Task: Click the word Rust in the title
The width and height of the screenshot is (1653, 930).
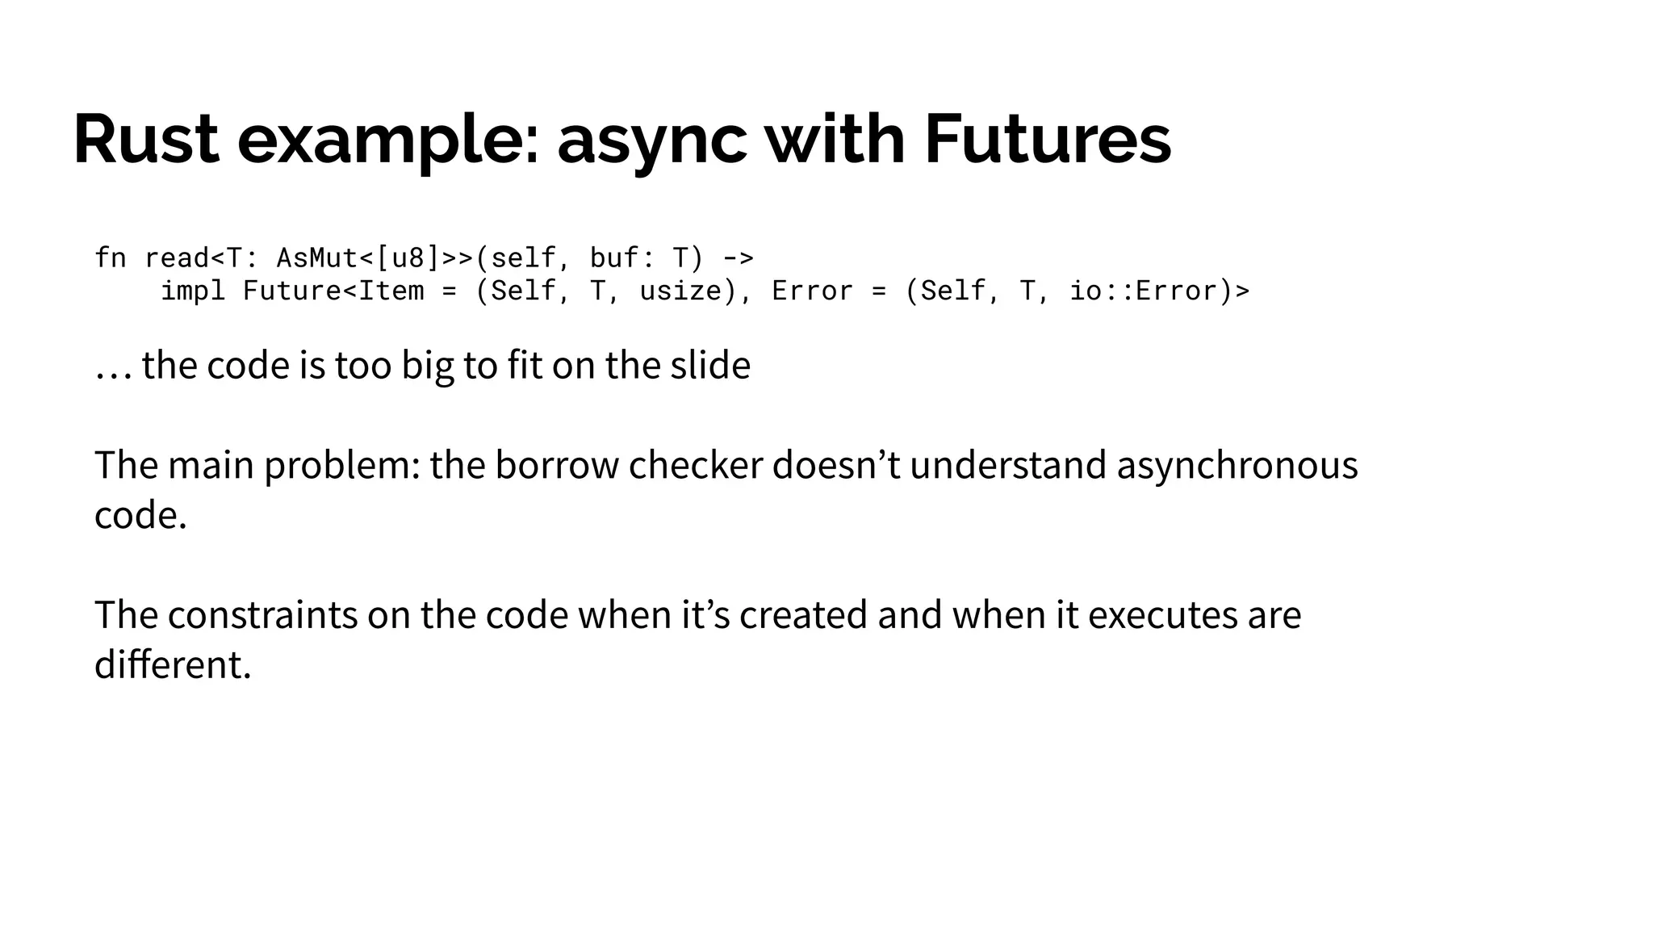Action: [x=146, y=140]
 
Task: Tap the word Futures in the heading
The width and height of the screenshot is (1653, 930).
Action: [x=1047, y=140]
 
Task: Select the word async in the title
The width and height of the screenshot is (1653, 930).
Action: [x=651, y=141]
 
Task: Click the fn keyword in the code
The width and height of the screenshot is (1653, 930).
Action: [x=111, y=258]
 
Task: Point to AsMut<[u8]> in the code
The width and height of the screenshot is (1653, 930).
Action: [x=358, y=258]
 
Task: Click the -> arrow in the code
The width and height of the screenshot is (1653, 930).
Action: [x=738, y=258]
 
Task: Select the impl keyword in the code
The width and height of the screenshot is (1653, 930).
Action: [x=193, y=291]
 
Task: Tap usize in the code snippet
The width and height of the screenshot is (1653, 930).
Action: [x=688, y=291]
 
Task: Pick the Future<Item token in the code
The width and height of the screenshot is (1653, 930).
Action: [x=333, y=291]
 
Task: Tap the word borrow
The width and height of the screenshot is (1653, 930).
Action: [x=556, y=465]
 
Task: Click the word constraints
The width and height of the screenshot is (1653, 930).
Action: [x=262, y=615]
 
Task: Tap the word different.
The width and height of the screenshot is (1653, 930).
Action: [x=173, y=665]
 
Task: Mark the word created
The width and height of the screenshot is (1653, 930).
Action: [x=803, y=615]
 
